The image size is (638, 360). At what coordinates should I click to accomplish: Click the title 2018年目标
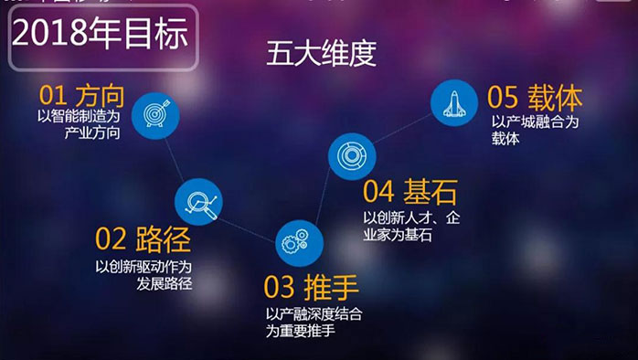click(101, 36)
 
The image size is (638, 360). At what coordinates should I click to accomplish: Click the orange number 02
click(109, 240)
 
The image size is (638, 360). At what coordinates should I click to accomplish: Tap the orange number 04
click(377, 193)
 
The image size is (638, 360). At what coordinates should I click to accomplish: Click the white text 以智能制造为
click(80, 118)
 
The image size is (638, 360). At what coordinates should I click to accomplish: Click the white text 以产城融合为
click(536, 121)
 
